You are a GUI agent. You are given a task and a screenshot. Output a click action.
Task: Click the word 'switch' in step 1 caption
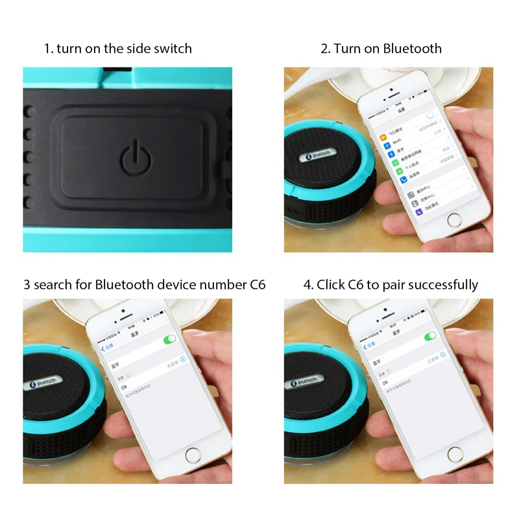(174, 48)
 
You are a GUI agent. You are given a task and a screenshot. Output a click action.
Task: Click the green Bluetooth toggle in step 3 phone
(170, 339)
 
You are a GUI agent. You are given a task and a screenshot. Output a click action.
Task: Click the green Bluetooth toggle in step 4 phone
(430, 336)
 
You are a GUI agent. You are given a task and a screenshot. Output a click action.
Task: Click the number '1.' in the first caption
(48, 48)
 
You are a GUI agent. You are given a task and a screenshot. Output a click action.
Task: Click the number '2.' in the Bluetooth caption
(326, 48)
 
